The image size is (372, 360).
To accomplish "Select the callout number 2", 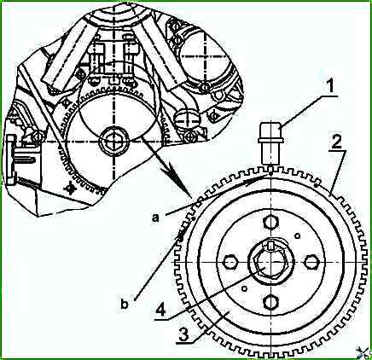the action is coord(336,142).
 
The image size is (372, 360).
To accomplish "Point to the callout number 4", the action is coord(160,311).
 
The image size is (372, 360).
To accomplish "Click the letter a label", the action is coord(155,218).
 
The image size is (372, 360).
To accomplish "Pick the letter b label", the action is coord(125,304).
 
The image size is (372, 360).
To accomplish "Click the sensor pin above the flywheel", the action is coord(270,144).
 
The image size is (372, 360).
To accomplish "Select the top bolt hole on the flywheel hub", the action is coord(270,223).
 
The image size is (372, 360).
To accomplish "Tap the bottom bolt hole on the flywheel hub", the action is coord(270,302).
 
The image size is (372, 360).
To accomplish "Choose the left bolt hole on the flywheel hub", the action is coord(230,262).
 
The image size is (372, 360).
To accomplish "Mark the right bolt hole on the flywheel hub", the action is coord(311,262).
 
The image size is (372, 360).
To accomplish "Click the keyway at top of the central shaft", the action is coord(271,245).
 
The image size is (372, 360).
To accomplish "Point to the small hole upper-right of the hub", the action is coord(298,235).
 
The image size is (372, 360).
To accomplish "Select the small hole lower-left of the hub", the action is coord(244,288).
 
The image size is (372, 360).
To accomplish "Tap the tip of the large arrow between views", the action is coord(191,196).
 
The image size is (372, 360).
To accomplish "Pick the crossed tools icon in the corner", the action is coord(365,352).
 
